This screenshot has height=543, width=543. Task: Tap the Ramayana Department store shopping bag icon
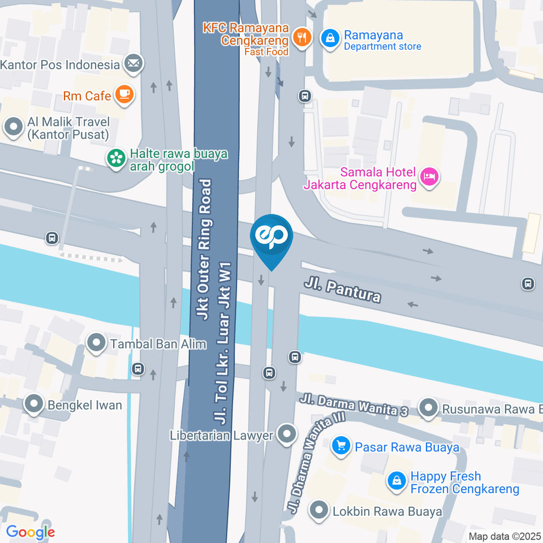click(x=328, y=38)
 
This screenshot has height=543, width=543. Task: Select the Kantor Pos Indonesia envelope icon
click(x=133, y=64)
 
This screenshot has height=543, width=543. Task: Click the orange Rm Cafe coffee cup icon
click(x=124, y=94)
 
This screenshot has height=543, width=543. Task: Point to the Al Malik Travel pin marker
click(x=12, y=127)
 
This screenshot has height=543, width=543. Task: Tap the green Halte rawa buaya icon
click(x=117, y=158)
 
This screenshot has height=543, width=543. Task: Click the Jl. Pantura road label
click(x=342, y=289)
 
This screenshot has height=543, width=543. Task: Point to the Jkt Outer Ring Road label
click(x=206, y=249)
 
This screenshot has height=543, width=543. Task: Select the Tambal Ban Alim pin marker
click(x=96, y=342)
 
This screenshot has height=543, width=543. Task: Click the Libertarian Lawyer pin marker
click(x=288, y=434)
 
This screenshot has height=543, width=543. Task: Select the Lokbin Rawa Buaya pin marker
click(x=320, y=511)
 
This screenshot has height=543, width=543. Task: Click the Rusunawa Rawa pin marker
click(x=428, y=407)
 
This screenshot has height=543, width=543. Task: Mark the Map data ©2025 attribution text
click(x=505, y=536)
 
